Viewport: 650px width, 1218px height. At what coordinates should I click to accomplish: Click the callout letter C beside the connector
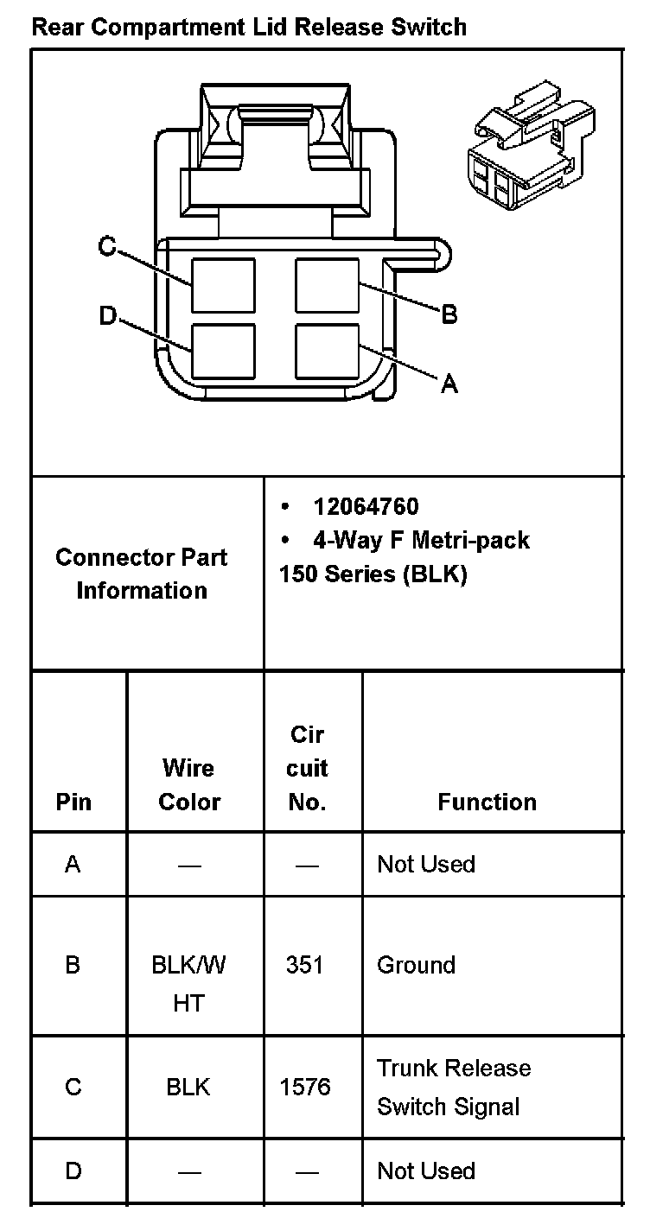(107, 247)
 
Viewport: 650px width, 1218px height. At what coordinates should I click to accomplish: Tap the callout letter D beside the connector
(107, 317)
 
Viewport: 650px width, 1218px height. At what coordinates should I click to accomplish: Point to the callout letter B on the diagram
(449, 314)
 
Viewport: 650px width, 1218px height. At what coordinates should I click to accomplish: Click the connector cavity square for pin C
(223, 285)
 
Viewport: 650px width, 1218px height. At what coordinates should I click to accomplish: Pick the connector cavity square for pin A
(327, 351)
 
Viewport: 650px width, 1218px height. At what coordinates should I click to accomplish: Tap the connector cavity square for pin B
(327, 285)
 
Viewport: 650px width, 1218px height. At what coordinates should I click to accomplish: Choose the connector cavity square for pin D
(223, 351)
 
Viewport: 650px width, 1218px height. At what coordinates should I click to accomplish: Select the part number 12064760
(366, 506)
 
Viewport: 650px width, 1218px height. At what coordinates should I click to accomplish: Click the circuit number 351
(304, 964)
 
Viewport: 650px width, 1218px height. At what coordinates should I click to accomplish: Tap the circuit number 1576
(304, 1086)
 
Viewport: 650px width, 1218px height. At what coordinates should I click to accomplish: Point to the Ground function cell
(416, 964)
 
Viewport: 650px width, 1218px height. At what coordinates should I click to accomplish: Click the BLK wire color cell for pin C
(188, 1086)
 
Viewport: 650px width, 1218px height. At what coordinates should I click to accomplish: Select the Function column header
(487, 802)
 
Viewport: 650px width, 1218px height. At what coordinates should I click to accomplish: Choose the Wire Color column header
(189, 784)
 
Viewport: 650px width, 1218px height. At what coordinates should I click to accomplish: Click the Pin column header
(73, 802)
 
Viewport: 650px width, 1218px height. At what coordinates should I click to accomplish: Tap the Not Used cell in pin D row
(426, 1170)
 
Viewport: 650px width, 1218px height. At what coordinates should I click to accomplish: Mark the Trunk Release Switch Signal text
(453, 1087)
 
